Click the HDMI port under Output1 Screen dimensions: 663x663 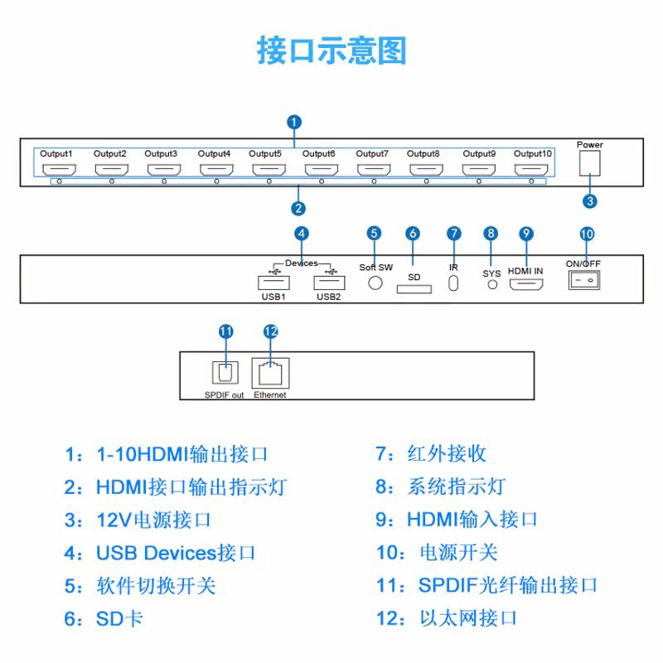click(x=59, y=170)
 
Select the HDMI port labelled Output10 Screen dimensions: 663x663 click(x=531, y=170)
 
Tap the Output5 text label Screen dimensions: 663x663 click(x=264, y=153)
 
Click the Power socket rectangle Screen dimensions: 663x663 click(x=589, y=162)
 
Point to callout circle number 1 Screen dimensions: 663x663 click(x=294, y=122)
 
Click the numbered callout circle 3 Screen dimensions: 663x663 click(x=590, y=201)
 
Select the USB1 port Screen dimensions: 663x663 click(x=273, y=283)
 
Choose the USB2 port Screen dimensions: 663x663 click(x=329, y=283)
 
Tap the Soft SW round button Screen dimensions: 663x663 click(x=375, y=283)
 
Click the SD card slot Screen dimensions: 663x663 click(x=414, y=288)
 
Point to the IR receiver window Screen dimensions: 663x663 click(x=453, y=283)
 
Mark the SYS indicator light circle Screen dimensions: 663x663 click(x=492, y=284)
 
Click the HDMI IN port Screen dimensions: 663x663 click(x=526, y=284)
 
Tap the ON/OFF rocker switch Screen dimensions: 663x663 click(x=584, y=280)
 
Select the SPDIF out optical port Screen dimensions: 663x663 click(x=225, y=372)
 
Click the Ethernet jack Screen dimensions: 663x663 click(x=271, y=373)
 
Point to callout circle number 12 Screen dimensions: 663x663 click(x=271, y=331)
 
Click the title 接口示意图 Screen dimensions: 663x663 click(x=331, y=51)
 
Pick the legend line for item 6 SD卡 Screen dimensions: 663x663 click(x=104, y=618)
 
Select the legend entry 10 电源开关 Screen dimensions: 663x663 click(x=437, y=553)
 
